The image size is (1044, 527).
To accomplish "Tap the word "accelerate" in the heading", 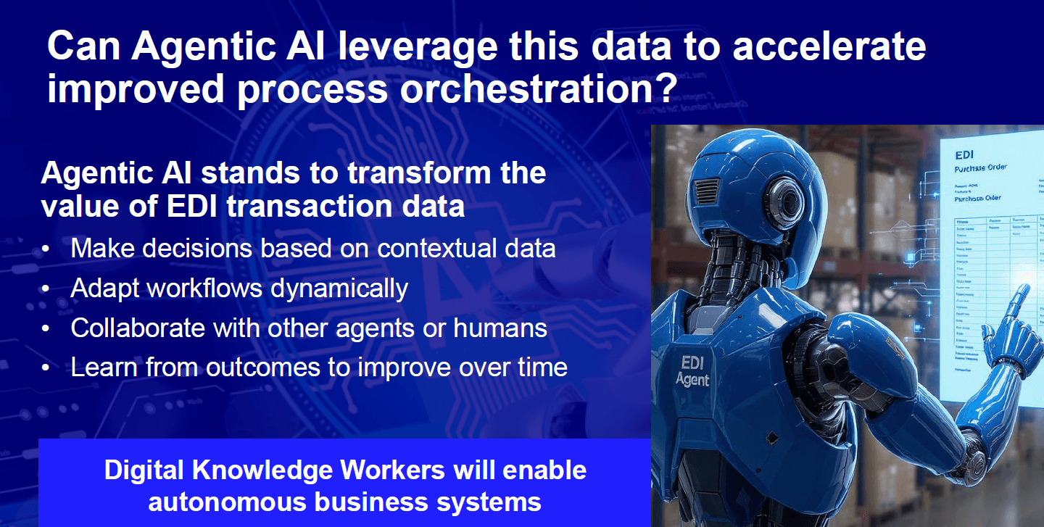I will [x=829, y=47].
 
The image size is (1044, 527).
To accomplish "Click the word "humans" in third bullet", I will [x=500, y=328].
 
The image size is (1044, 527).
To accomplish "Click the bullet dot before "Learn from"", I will [x=46, y=368].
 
